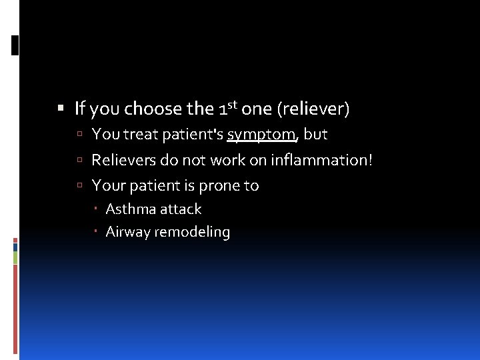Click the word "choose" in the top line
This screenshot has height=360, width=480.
153,108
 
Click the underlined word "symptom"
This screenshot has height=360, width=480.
261,135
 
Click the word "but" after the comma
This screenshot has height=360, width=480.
315,134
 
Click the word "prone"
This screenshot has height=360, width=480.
220,185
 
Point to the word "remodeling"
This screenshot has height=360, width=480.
192,233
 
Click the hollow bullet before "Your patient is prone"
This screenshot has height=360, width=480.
79,186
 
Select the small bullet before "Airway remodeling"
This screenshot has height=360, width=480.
97,232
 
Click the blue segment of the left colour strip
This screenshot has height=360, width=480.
15,247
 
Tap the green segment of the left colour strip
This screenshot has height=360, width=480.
15,257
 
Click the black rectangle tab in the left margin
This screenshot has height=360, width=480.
15,45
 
